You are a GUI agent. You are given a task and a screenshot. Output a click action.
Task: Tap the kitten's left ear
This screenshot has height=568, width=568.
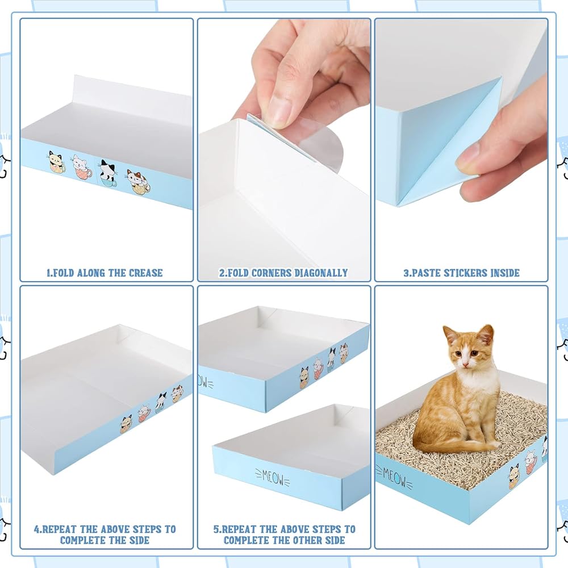[x=487, y=335]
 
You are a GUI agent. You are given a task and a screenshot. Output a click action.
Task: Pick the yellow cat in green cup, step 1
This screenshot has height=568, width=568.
[x=57, y=161]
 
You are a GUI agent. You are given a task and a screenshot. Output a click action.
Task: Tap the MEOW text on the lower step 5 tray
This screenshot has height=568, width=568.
[x=272, y=478]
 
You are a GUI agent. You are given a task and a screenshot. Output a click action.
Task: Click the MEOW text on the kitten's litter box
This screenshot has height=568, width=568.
[x=394, y=477]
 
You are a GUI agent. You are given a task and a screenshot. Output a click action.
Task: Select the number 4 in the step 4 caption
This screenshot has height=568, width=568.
[x=36, y=529]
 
